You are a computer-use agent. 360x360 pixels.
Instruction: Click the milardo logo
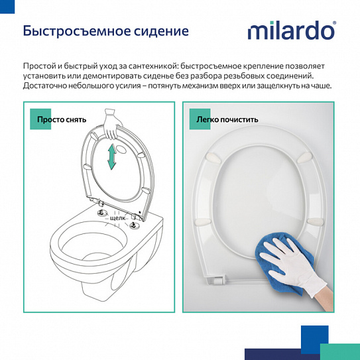click(290, 31)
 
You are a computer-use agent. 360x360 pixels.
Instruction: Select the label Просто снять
click(62, 120)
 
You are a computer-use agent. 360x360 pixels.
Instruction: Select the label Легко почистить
click(227, 120)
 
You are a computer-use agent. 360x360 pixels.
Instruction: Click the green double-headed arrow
click(112, 158)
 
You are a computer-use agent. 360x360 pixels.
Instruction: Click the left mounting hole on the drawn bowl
click(103, 213)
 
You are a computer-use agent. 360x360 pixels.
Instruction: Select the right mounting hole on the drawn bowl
click(134, 226)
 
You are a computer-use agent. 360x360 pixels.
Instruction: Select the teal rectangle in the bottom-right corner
click(339, 351)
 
